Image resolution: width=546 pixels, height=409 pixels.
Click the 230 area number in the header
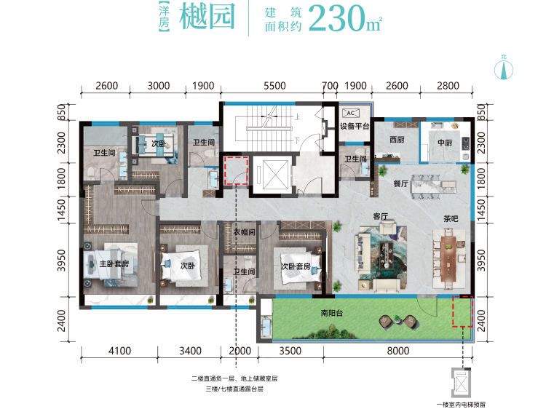coord(336,20)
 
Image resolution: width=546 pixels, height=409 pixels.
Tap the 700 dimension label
coord(330,86)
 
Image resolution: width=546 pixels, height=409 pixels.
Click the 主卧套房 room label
coord(114,265)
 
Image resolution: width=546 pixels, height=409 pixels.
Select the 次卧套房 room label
coord(296,266)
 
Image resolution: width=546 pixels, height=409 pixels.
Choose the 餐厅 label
coord(381,184)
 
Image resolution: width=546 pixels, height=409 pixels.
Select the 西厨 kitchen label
coord(395,140)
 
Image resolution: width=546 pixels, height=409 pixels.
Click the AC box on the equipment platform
coord(348,113)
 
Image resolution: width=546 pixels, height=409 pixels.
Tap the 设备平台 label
coord(355,127)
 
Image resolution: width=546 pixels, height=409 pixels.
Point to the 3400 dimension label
coord(190,351)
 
